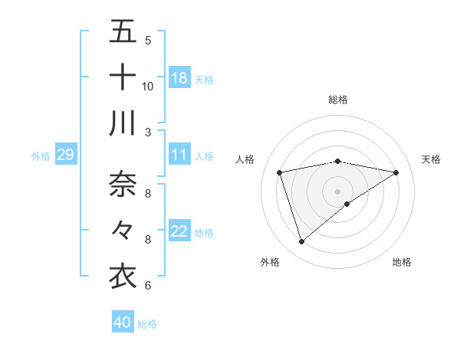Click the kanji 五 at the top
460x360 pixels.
pyautogui.click(x=123, y=32)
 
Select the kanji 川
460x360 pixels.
pyautogui.click(x=123, y=123)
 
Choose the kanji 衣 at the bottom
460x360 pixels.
pyautogui.click(x=123, y=276)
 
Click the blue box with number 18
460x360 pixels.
pyautogui.click(x=179, y=77)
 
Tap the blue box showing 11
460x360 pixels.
pyautogui.click(x=179, y=155)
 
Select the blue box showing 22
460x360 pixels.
pyautogui.click(x=179, y=231)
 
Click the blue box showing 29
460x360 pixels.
pyautogui.click(x=65, y=155)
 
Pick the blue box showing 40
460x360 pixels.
pyautogui.click(x=123, y=322)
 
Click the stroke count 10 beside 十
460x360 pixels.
pyautogui.click(x=147, y=86)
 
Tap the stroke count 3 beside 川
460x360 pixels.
pyautogui.click(x=147, y=132)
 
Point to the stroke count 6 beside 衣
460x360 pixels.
pyautogui.click(x=147, y=286)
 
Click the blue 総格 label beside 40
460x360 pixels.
pyautogui.click(x=147, y=323)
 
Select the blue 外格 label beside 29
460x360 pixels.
pyautogui.click(x=41, y=155)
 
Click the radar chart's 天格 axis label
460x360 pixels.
pyautogui.click(x=431, y=159)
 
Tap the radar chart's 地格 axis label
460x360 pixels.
pyautogui.click(x=402, y=262)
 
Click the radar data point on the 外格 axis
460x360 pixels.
pyautogui.click(x=302, y=242)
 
